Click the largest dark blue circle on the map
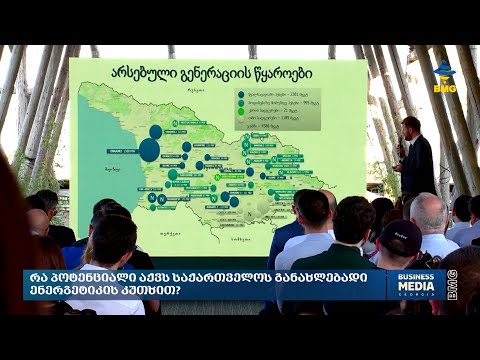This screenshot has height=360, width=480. pos(149,150)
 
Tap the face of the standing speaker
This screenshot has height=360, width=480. pos(411,126)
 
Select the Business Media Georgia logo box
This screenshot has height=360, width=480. pos(415,284)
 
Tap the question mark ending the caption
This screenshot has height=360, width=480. pos(180,291)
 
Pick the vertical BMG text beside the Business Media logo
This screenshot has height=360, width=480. pos(453,284)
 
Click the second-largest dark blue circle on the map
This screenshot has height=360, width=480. pos(156,131)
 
